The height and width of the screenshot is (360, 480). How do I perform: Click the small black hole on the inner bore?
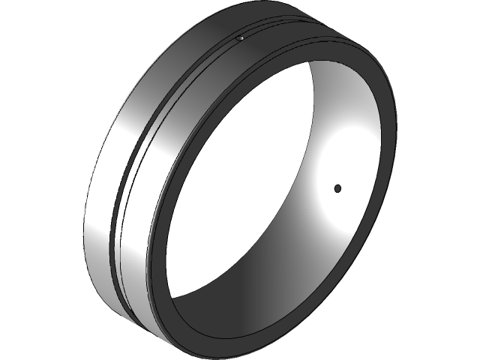(337, 187)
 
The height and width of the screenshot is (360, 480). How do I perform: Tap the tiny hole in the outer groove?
(239, 37)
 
